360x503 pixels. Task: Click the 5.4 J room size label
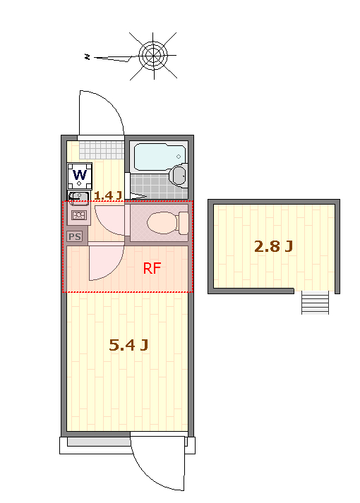[128, 345]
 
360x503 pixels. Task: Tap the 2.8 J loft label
[273, 246]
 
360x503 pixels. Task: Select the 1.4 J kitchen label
[108, 195]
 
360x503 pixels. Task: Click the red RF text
[152, 268]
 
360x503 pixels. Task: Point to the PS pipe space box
[75, 237]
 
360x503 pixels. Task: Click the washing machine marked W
[80, 176]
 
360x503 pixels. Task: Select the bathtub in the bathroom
[160, 157]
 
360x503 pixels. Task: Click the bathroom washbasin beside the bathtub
[179, 175]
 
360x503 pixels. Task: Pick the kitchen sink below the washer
[78, 196]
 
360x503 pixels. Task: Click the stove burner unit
[78, 215]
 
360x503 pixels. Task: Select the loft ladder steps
[315, 303]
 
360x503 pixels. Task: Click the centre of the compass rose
[153, 55]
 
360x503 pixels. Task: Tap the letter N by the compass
[87, 56]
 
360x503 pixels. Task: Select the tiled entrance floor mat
[102, 150]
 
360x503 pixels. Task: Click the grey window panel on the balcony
[99, 442]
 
